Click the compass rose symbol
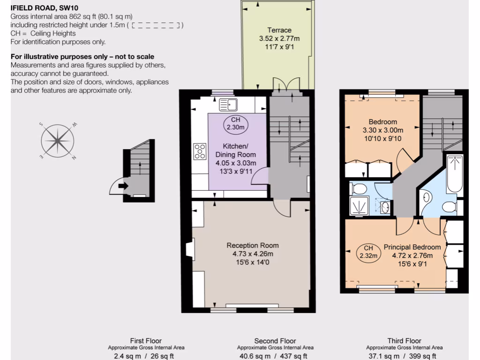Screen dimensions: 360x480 pyautogui.click(x=58, y=141)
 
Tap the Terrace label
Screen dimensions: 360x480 pyautogui.click(x=279, y=30)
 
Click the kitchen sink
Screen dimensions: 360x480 pyautogui.click(x=229, y=104)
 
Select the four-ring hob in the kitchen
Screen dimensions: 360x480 pyautogui.click(x=200, y=151)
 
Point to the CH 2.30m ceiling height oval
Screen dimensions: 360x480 pyautogui.click(x=235, y=123)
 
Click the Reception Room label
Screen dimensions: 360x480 pyautogui.click(x=253, y=245)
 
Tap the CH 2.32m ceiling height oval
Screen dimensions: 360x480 pyautogui.click(x=368, y=252)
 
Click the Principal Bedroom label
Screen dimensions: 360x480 pyautogui.click(x=412, y=247)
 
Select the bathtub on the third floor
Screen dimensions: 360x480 pyautogui.click(x=454, y=174)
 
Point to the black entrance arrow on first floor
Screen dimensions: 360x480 pyautogui.click(x=123, y=186)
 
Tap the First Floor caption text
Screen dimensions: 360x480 pyautogui.click(x=146, y=341)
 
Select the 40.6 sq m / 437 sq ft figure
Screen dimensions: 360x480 pyautogui.click(x=275, y=356)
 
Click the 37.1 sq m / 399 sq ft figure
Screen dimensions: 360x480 pyautogui.click(x=404, y=356)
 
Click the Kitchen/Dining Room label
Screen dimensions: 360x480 pyautogui.click(x=236, y=150)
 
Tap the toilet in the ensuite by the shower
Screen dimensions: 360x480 pyautogui.click(x=359, y=188)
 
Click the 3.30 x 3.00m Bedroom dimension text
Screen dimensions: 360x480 pyautogui.click(x=383, y=130)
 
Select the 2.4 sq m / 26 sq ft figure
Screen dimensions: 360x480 pyautogui.click(x=144, y=356)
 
